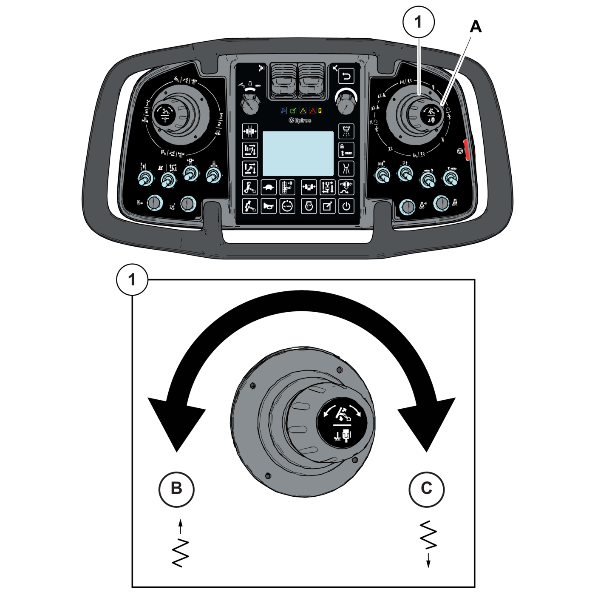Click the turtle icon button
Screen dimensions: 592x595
pyautogui.click(x=268, y=187)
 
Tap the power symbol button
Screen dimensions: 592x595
pyautogui.click(x=346, y=206)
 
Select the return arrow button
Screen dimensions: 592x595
pyautogui.click(x=346, y=77)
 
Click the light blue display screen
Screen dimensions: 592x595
pyautogui.click(x=298, y=153)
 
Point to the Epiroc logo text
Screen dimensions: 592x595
pyautogui.click(x=300, y=120)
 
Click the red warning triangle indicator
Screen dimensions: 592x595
pyautogui.click(x=313, y=111)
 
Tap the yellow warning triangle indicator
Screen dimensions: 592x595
pyautogui.click(x=303, y=111)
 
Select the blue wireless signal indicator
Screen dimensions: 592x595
pyautogui.click(x=283, y=111)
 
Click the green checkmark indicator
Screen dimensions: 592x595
pyautogui.click(x=293, y=111)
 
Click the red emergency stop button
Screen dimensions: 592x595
pyautogui.click(x=467, y=150)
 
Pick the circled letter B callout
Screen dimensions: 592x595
pyautogui.click(x=176, y=489)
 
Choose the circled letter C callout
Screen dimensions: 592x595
pyautogui.click(x=426, y=489)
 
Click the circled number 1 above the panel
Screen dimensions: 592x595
pyautogui.click(x=419, y=22)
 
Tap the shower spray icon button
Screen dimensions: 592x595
pyautogui.click(x=346, y=131)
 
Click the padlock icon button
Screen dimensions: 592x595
pyautogui.click(x=346, y=150)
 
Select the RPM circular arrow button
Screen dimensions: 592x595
pyautogui.click(x=287, y=206)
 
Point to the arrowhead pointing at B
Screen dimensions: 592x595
pyautogui.click(x=176, y=425)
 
